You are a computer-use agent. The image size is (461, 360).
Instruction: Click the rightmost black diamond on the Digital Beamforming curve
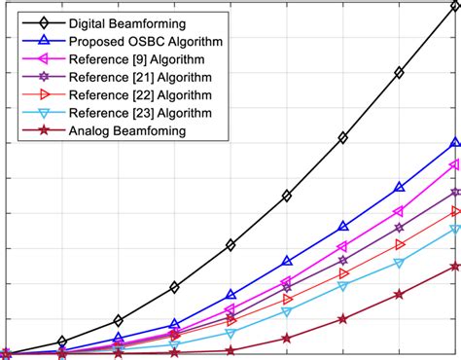pyautogui.click(x=454, y=4)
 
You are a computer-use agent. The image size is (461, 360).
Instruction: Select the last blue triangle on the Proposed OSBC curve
pyautogui.click(x=454, y=143)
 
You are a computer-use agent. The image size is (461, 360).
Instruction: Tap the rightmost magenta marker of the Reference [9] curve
pyautogui.click(x=454, y=164)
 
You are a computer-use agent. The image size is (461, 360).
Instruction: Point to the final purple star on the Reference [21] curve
pyautogui.click(x=454, y=192)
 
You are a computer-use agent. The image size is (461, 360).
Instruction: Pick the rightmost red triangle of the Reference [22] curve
pyautogui.click(x=454, y=210)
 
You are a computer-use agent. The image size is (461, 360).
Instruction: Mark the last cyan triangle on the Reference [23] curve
pyautogui.click(x=454, y=229)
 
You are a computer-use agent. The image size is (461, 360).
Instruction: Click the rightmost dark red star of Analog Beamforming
pyautogui.click(x=454, y=266)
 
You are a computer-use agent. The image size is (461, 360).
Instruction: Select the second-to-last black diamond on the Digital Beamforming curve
pyautogui.click(x=399, y=73)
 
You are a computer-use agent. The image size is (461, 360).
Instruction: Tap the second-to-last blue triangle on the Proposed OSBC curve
pyautogui.click(x=399, y=187)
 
